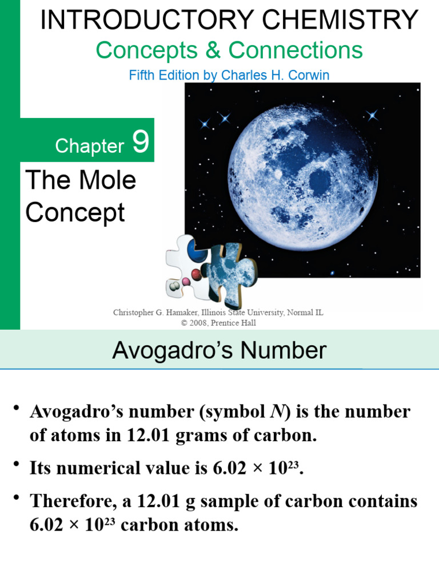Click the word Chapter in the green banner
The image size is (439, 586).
89,146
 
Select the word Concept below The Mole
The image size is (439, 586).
75,212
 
